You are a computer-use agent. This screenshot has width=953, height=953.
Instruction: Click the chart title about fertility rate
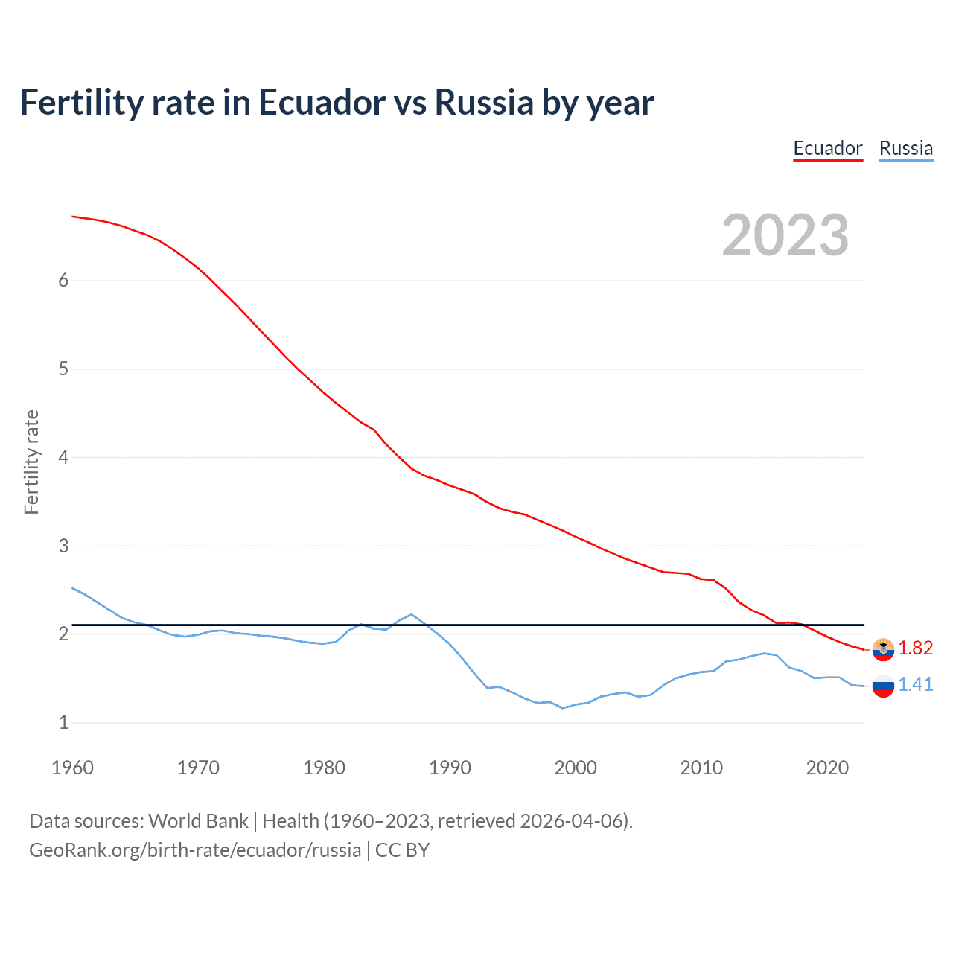tap(337, 103)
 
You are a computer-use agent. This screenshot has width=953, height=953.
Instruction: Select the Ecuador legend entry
tap(827, 148)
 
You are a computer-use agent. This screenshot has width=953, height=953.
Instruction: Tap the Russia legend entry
tap(905, 148)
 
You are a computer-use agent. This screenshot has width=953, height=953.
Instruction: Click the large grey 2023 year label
tap(785, 235)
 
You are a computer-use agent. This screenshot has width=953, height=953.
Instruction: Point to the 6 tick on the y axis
tap(63, 280)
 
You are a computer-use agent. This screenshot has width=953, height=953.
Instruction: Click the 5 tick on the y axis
tap(63, 369)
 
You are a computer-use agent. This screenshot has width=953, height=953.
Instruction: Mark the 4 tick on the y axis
tap(63, 457)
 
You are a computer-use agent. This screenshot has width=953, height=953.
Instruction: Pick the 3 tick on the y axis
tap(63, 546)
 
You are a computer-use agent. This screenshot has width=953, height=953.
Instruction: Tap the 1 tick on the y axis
tap(63, 722)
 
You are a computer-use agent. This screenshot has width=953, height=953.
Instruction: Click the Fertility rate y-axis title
tap(31, 462)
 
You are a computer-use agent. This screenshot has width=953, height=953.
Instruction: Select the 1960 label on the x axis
tap(72, 768)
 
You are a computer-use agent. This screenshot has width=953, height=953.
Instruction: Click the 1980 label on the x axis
tap(324, 768)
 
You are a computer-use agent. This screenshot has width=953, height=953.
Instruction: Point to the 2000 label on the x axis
tap(576, 768)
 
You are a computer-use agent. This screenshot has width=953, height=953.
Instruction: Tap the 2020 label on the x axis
tap(827, 768)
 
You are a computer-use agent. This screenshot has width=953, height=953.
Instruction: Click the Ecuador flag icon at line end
tap(883, 649)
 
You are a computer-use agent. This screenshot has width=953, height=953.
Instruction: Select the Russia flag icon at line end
tap(883, 686)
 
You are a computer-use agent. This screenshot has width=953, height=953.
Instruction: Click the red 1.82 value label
tap(915, 648)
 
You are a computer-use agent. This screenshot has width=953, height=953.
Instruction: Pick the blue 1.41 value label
tap(915, 685)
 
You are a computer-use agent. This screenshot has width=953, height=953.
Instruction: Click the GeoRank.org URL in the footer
tap(195, 850)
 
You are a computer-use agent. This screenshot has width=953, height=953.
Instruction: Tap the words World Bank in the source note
tap(198, 821)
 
